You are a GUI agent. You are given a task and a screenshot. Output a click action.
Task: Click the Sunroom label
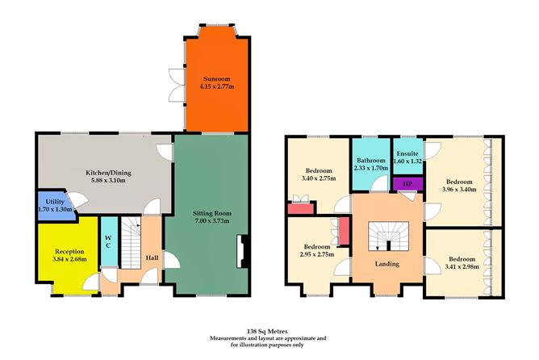[216, 76]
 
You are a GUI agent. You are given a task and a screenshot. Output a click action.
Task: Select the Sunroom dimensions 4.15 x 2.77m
[216, 85]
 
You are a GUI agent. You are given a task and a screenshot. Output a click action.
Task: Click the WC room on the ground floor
[108, 241]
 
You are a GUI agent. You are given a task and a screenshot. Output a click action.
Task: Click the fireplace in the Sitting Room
[240, 251]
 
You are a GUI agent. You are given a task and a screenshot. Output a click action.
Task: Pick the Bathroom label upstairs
[371, 161]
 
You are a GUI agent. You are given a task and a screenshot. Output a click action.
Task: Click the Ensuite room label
[407, 153]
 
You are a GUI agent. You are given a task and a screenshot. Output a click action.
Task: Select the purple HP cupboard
[407, 183]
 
